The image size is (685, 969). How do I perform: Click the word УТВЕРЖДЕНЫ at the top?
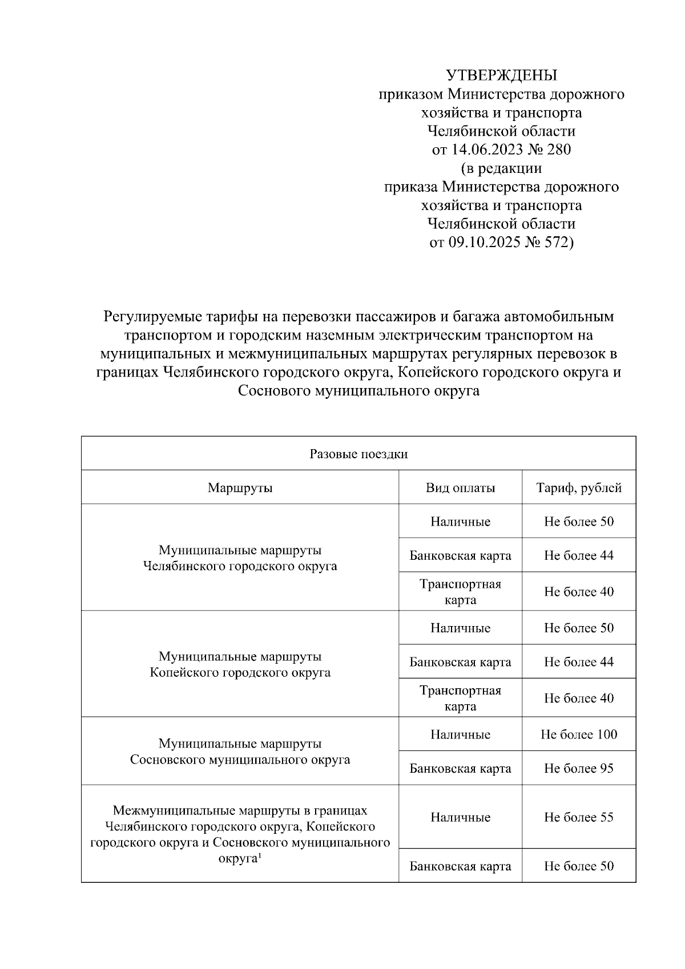pos(501,75)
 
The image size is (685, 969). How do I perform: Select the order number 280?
pos(558,150)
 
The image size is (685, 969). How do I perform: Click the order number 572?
pos(558,243)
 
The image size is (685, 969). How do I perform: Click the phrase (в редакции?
pos(501,168)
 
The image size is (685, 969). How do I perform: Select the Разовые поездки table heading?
pos(358,454)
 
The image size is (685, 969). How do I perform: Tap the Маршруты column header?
pos(240,488)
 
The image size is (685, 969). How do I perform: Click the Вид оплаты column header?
pos(460,488)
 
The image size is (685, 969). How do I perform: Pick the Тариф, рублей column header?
pos(579,488)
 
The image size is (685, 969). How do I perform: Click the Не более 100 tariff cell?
pos(579,734)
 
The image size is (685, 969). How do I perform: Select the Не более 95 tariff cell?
pos(579,768)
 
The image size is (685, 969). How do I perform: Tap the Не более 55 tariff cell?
pos(579,817)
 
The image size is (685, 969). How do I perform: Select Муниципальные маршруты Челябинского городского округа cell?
pos(240,558)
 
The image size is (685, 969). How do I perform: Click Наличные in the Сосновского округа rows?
pos(460,734)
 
